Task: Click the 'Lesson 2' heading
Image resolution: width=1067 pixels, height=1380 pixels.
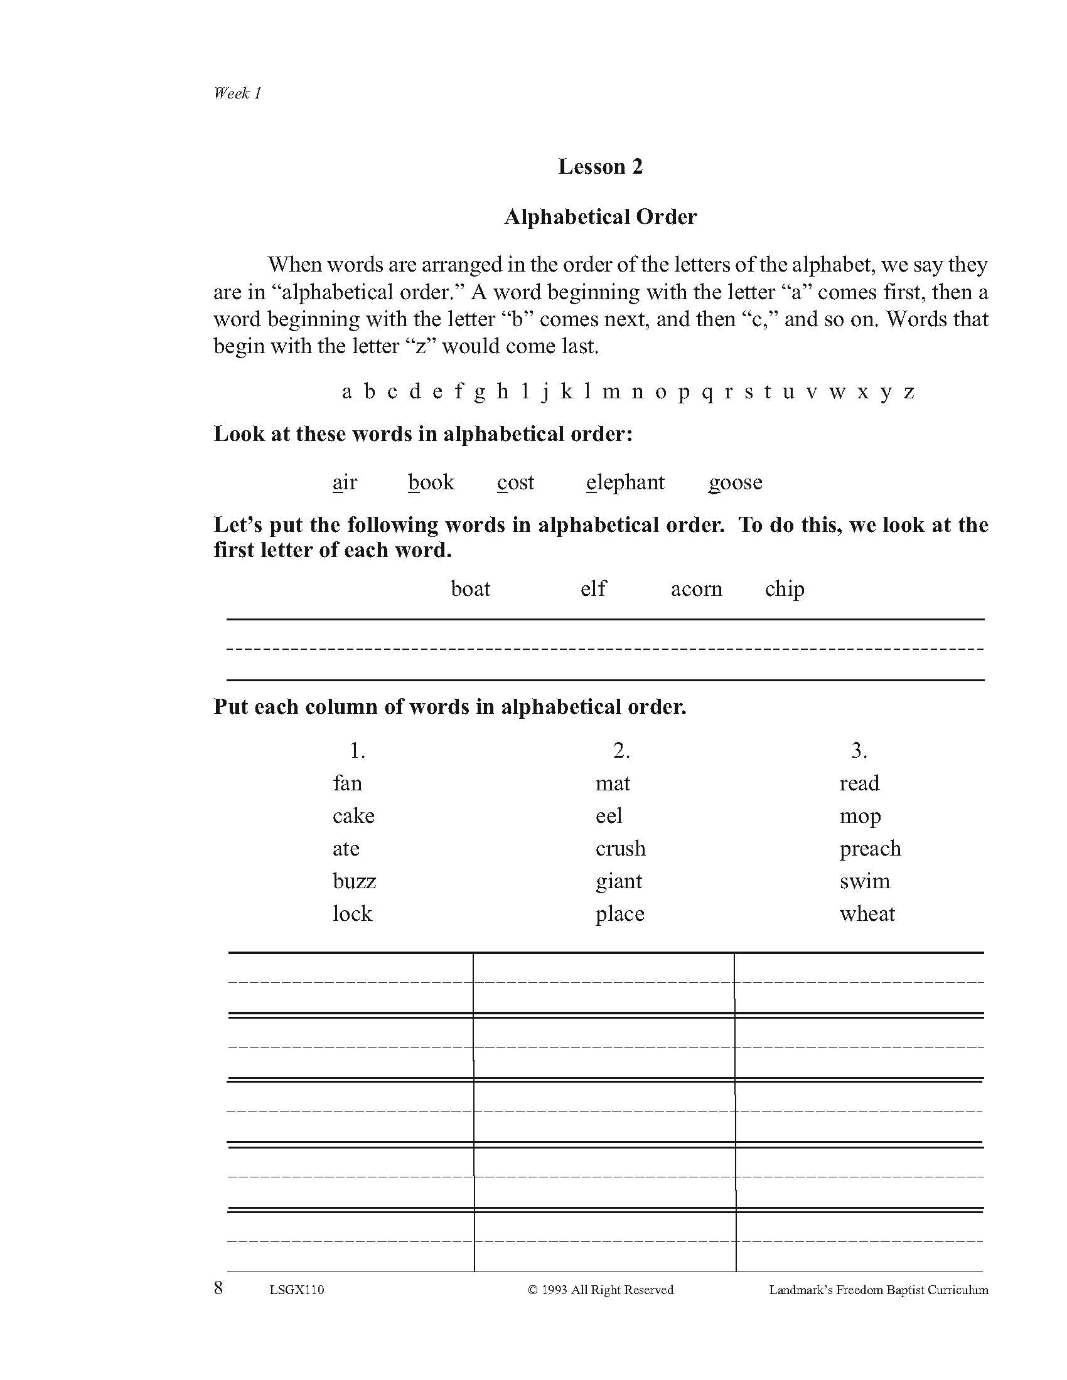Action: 600,167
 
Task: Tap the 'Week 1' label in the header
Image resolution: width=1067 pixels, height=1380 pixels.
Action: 237,93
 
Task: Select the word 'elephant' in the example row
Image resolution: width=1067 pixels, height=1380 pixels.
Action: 625,482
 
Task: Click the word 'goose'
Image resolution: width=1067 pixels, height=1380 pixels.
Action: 735,483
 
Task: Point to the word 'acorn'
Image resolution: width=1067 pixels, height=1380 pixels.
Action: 696,589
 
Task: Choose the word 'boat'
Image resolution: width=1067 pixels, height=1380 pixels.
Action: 470,589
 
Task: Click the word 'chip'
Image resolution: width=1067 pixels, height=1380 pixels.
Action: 785,589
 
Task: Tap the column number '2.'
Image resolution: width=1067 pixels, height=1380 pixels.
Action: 621,750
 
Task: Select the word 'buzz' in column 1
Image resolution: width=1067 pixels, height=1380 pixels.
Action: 354,881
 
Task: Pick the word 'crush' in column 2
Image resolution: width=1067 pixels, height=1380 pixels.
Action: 620,848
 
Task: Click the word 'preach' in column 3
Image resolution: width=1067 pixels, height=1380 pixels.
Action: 870,849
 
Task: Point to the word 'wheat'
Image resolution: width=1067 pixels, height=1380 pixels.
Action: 867,914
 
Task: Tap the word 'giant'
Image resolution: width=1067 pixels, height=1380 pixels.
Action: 618,881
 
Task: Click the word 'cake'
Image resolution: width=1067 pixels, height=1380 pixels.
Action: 353,815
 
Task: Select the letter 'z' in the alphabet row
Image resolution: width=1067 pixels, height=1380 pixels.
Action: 909,393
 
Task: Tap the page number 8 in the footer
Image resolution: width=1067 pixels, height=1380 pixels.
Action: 218,1288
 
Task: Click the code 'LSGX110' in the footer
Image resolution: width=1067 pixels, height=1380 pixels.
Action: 296,1290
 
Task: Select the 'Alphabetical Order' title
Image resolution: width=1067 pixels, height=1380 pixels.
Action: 600,217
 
